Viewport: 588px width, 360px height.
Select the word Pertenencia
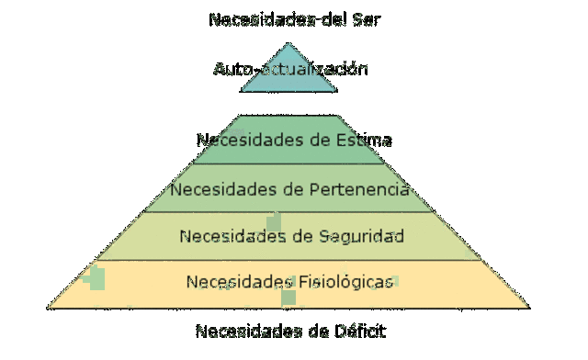(356, 190)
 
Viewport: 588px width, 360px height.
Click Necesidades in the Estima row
(240, 141)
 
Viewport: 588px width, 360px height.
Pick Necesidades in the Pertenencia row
(213, 190)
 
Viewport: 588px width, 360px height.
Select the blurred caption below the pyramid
(290, 331)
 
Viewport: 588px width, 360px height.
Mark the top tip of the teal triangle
(289, 43)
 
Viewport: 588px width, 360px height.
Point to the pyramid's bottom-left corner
(50, 307)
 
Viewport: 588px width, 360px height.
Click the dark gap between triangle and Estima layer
(289, 102)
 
